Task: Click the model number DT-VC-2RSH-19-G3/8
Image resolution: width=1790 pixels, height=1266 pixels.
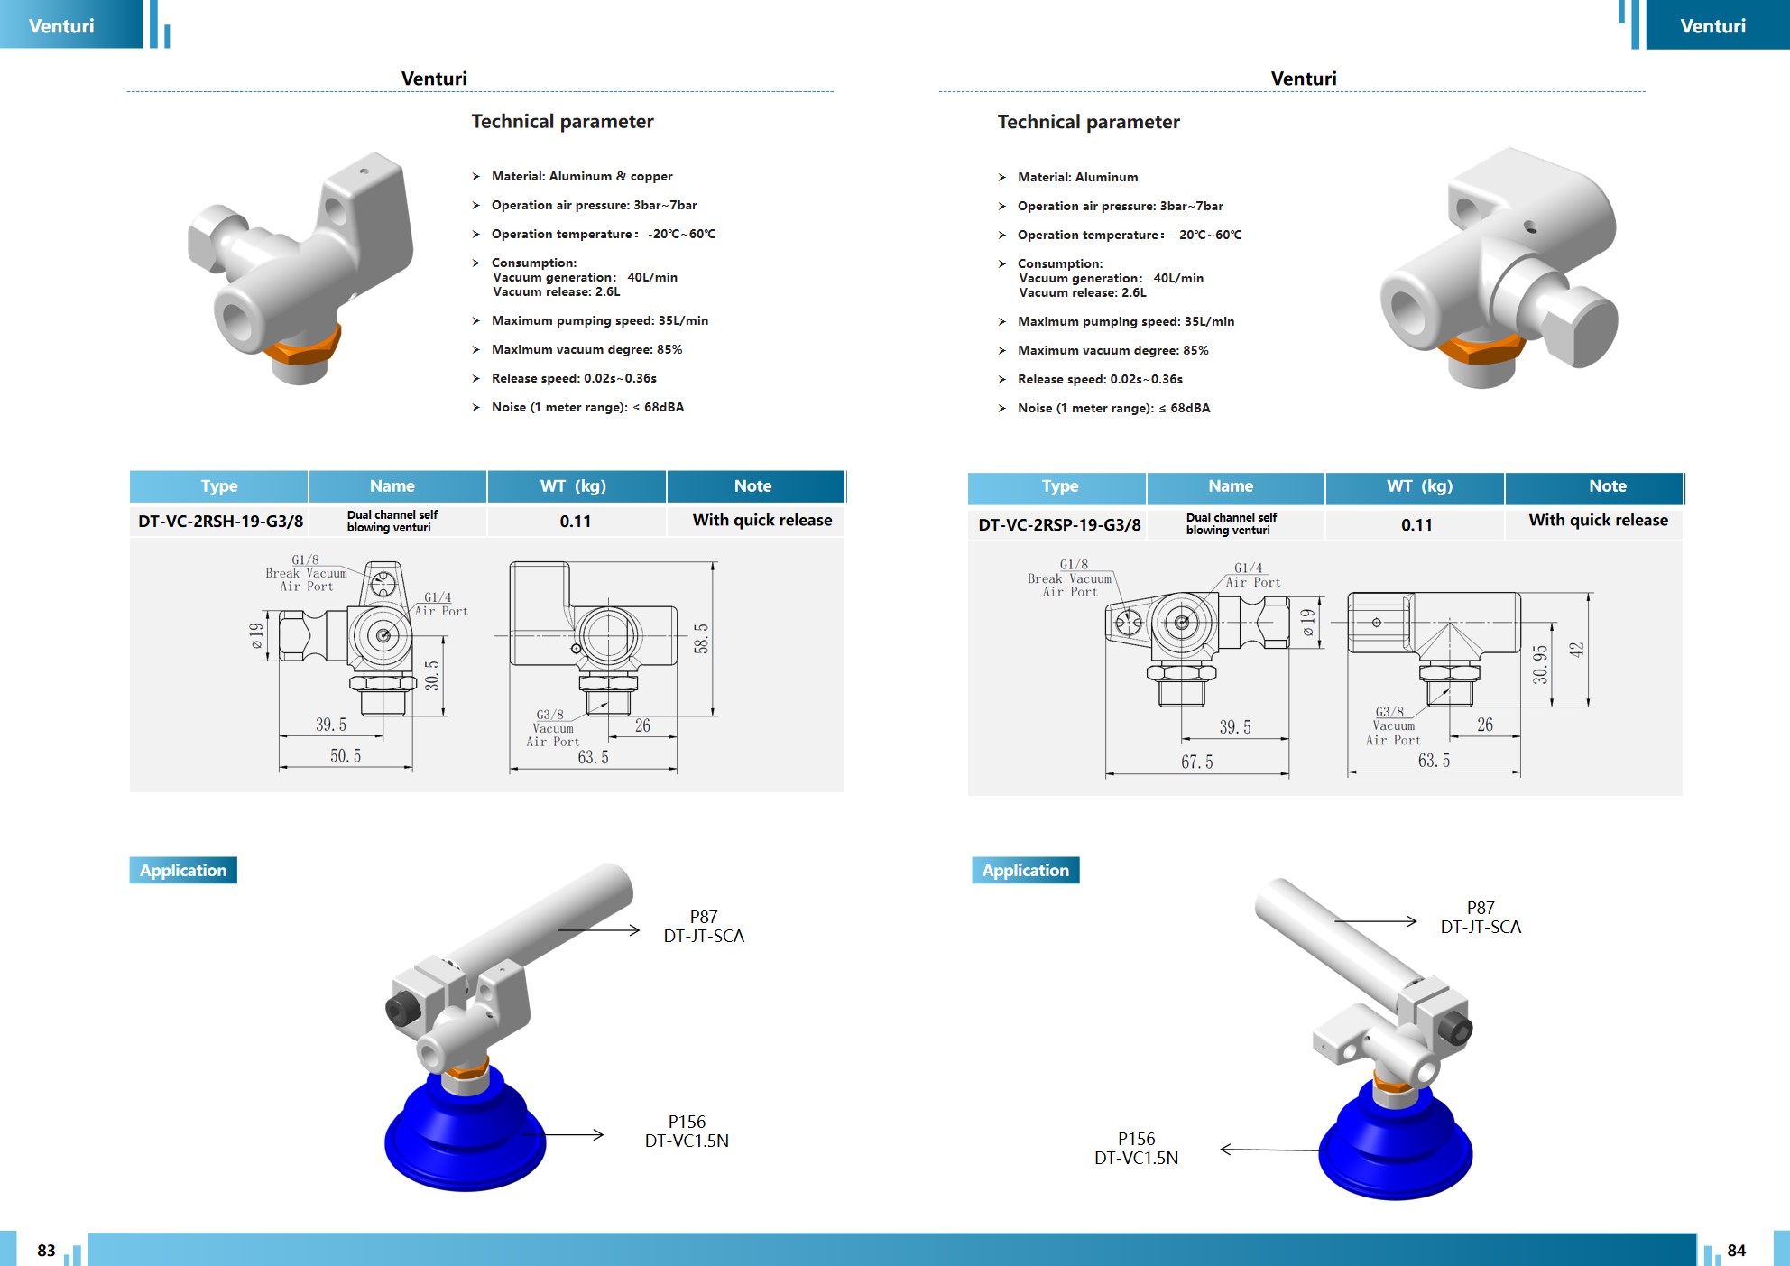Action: [220, 522]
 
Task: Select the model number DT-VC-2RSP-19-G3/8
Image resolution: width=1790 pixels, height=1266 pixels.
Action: [1059, 525]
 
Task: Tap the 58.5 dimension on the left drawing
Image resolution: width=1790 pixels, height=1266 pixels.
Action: [701, 638]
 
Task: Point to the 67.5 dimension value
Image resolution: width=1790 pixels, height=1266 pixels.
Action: [1196, 762]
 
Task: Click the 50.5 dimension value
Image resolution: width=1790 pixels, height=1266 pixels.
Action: [346, 756]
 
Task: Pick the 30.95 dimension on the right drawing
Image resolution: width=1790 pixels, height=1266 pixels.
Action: [1540, 664]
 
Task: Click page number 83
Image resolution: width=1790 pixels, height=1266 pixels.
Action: [46, 1251]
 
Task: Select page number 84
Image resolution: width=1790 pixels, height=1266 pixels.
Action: [1736, 1251]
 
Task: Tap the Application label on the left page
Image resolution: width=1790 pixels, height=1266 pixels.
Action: [183, 870]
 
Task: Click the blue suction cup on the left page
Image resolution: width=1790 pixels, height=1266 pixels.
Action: [466, 1133]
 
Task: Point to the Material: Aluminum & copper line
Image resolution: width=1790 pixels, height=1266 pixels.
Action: [582, 177]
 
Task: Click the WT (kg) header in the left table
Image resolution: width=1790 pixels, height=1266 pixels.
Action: [574, 486]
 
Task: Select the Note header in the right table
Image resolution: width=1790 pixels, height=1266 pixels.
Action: [1608, 486]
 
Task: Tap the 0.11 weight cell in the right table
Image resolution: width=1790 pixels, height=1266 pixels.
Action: [1416, 525]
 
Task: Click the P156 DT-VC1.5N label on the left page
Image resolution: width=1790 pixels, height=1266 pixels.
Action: [687, 1132]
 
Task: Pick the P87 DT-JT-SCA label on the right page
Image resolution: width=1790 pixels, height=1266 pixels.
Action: [1481, 918]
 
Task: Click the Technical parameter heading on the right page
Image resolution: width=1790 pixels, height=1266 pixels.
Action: [1088, 122]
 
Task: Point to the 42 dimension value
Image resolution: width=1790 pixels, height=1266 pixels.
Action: [1576, 650]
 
